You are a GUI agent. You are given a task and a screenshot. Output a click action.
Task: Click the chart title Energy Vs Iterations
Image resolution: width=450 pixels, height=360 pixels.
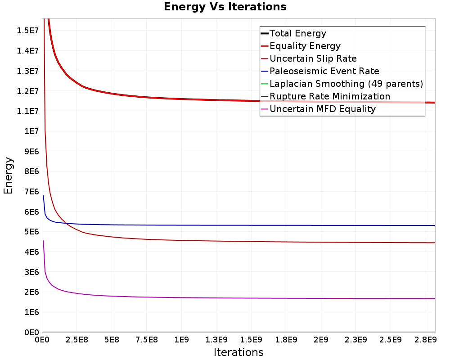point(225,7)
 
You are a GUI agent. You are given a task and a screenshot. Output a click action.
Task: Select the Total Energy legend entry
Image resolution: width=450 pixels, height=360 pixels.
point(293,33)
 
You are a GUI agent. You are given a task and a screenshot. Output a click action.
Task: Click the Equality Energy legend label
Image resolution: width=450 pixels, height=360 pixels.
point(305,46)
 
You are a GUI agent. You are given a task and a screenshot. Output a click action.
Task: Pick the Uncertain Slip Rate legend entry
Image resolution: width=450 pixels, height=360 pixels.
point(309,58)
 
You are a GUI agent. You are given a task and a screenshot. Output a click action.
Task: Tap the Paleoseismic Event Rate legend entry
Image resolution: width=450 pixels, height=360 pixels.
point(320,71)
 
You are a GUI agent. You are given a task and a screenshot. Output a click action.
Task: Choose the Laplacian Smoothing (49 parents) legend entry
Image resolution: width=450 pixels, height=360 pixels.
point(342,84)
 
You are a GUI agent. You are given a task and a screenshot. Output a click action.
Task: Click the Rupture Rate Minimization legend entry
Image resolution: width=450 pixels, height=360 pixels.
point(325,96)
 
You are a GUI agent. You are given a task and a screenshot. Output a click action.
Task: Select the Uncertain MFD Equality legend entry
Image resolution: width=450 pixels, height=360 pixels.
point(318,109)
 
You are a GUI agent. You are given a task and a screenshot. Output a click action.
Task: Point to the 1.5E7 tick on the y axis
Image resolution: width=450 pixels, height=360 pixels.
point(27,31)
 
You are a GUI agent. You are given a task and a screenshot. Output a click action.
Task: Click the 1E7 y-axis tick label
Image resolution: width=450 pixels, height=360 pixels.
point(31,131)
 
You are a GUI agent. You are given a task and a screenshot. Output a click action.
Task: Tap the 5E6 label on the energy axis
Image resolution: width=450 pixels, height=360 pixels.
point(31,232)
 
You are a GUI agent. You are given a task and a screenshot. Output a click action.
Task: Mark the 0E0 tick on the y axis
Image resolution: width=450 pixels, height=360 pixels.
point(31,333)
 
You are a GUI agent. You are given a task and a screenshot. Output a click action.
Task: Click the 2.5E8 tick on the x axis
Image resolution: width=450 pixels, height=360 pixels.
point(76,340)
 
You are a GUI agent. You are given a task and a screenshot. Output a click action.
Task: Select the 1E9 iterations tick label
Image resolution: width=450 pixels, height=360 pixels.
point(181,340)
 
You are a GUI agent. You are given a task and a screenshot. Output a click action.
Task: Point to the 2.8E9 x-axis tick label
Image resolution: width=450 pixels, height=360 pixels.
point(425,340)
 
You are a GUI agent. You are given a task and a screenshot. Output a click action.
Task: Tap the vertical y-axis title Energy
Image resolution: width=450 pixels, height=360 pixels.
point(8,175)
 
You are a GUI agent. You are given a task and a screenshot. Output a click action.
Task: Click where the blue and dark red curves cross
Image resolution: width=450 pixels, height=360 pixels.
point(65,223)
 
